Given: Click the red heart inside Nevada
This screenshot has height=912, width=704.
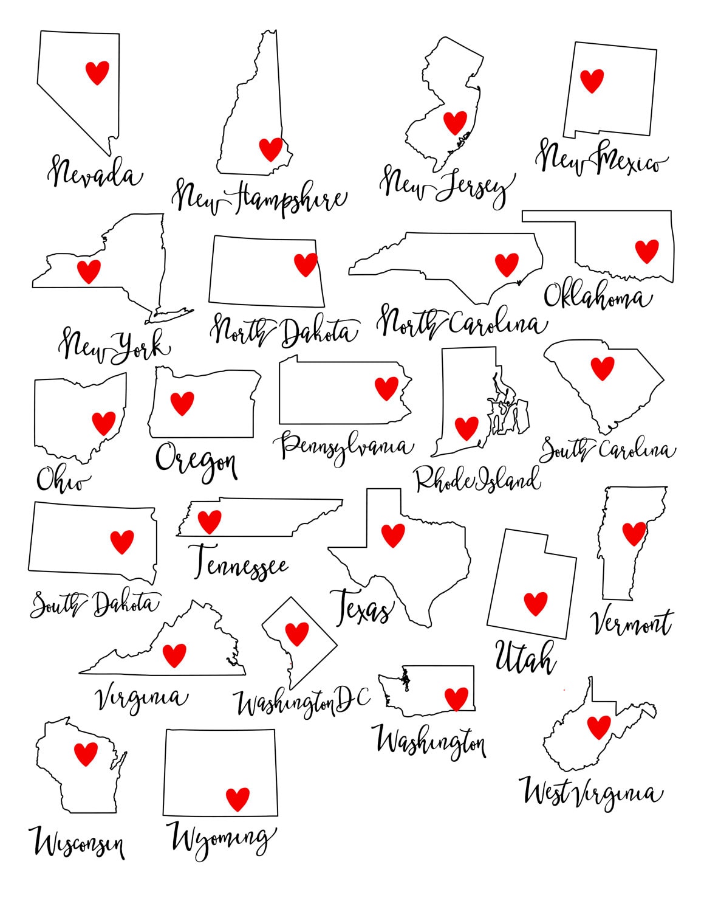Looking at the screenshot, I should [x=97, y=72].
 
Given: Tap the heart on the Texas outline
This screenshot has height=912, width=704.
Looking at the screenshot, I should [x=393, y=535].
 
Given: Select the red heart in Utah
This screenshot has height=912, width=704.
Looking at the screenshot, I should [x=536, y=604].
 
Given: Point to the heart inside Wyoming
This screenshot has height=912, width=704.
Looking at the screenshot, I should [x=238, y=799].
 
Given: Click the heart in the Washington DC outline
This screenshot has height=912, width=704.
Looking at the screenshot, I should [x=297, y=634].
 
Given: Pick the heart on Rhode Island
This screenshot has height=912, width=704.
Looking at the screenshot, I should [x=466, y=428].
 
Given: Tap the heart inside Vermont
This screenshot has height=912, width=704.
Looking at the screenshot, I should [x=634, y=534].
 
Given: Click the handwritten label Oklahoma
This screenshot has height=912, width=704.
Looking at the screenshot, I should [x=597, y=296].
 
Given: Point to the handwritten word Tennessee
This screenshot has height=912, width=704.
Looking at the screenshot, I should [x=238, y=563].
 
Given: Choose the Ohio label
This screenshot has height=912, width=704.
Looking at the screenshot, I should [x=62, y=479].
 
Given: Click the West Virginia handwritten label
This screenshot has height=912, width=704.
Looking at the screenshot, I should [x=590, y=793].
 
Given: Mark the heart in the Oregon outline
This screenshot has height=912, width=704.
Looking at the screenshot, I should [x=182, y=403].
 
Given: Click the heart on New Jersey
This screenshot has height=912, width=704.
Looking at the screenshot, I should [x=455, y=122].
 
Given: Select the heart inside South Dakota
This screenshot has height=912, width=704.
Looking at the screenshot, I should [x=121, y=541].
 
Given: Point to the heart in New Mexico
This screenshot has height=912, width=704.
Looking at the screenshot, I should [x=592, y=80].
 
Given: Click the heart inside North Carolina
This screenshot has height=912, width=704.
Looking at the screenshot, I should [x=507, y=264].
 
